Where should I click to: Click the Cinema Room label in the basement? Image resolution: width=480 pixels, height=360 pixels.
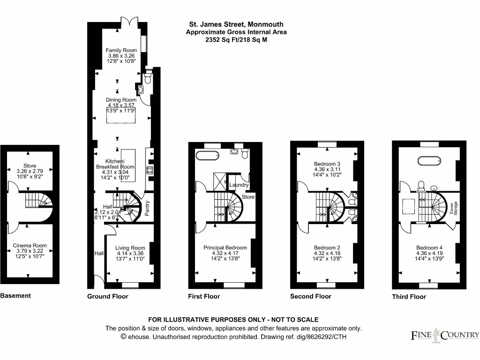(x=30, y=245)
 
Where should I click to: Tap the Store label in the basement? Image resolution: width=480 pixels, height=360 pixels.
(x=30, y=166)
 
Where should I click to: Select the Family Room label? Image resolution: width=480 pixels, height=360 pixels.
(x=121, y=50)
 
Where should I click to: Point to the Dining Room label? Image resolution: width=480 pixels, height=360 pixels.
(x=121, y=100)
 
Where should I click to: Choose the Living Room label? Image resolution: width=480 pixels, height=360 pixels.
(x=130, y=248)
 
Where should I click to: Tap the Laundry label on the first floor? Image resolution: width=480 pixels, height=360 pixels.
(x=239, y=185)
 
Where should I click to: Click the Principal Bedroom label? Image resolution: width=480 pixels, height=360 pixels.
(x=225, y=247)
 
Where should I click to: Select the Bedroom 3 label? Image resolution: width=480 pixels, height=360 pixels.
(x=327, y=164)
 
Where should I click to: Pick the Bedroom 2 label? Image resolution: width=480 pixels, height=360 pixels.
(x=327, y=247)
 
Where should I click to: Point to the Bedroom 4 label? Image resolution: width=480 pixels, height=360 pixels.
(x=429, y=247)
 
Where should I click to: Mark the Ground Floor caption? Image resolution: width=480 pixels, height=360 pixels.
(x=107, y=296)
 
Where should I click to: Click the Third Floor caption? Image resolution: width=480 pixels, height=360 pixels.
(x=409, y=296)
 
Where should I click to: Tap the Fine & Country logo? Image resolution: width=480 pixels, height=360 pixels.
(x=445, y=334)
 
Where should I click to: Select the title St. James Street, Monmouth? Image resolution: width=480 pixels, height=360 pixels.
(x=236, y=24)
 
